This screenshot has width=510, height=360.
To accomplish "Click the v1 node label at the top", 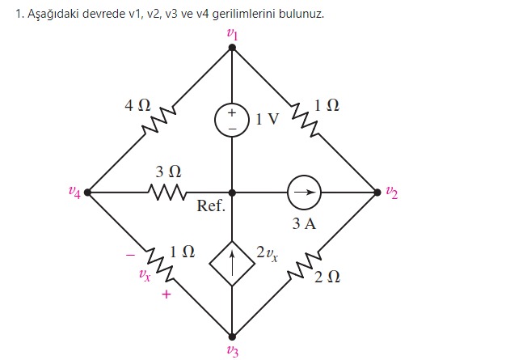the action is pos(232,35).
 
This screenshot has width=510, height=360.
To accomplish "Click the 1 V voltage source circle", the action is pos(232,120).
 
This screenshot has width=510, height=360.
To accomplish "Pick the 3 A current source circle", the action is pos(305,193).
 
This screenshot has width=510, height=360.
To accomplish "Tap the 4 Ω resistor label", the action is pos(137,105).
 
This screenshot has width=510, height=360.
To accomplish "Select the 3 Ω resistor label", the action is pos(168,172).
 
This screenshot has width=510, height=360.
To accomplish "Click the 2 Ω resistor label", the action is pos(327,277).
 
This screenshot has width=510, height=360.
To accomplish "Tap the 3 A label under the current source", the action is pos(305,222).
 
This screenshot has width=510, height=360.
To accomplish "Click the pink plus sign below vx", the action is pos(166,295).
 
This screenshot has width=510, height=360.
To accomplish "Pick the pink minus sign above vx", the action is pos(129,254).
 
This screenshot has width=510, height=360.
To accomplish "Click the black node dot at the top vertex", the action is pos(232,48).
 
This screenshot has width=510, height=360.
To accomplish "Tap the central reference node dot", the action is pos(232,193).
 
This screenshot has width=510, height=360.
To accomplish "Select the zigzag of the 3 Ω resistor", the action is pos(168,193).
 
